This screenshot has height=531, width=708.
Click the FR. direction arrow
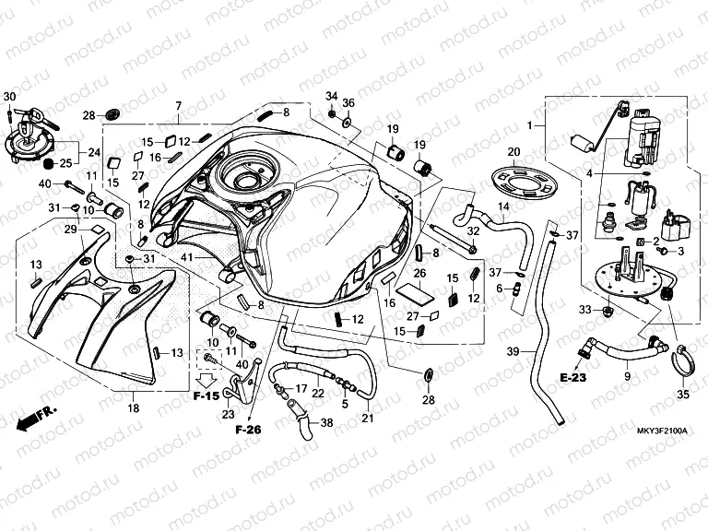pos(36,419)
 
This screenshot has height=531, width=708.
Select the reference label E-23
pos(572,377)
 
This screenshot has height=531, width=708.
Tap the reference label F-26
pos(248,429)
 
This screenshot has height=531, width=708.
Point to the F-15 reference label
pos(206,396)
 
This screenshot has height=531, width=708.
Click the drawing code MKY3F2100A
pos(662,431)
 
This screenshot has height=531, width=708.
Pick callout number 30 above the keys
pos(9,96)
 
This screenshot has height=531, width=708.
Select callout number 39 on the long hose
pos(513,351)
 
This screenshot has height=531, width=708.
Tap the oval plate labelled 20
pos(524,182)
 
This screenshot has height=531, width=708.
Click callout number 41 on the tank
pos(186,257)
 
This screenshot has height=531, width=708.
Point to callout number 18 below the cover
pos(133,408)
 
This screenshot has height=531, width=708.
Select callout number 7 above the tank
pos(178,106)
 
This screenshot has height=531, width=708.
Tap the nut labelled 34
pos(331,112)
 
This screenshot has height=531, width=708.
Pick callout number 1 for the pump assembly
pos(530,125)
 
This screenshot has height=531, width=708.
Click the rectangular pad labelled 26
pos(418,293)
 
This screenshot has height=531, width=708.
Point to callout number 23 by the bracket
pos(229,414)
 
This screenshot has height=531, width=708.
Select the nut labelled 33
pos(608,310)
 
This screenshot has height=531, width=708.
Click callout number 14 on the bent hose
pos(503,206)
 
